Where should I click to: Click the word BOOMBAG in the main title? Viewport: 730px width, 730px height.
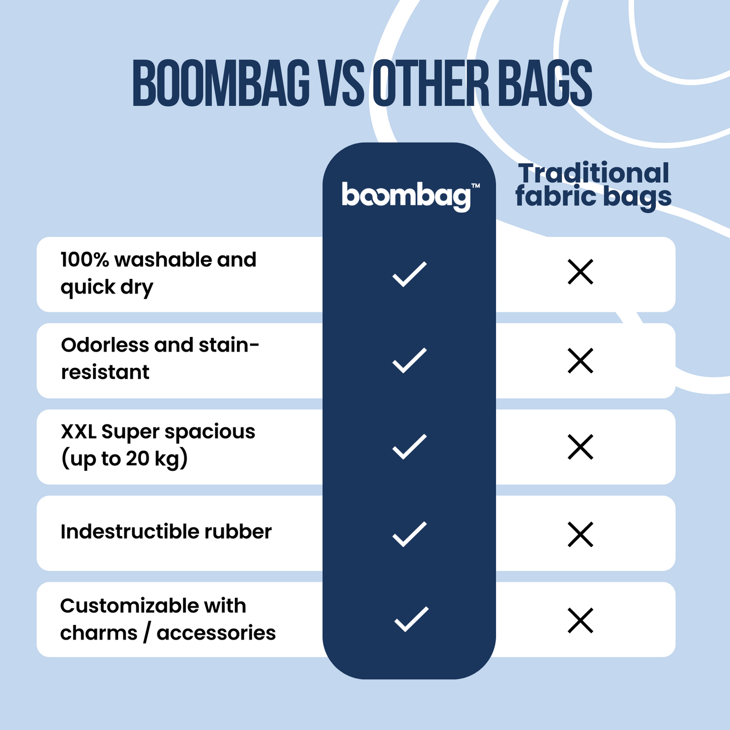[221, 83]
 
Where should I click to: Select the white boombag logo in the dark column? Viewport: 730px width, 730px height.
[407, 197]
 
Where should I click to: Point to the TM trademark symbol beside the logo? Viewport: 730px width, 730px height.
[475, 185]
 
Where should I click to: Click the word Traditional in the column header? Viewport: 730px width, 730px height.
[593, 173]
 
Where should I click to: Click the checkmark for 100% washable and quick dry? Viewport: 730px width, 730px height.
[410, 274]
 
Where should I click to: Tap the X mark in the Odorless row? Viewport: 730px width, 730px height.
[580, 360]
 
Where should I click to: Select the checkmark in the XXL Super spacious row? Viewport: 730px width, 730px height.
[410, 446]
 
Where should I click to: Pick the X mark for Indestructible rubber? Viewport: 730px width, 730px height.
[580, 534]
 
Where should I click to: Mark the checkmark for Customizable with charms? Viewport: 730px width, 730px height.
[411, 619]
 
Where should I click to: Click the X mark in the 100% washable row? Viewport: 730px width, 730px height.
[580, 272]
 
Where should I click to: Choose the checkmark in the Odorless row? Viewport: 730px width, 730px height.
[410, 360]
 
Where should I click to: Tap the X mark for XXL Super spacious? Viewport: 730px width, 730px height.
[580, 447]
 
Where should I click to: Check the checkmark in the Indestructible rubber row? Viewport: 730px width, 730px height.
[410, 534]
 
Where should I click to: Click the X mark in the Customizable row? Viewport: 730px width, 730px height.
[580, 620]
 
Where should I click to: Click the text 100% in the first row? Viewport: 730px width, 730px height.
[85, 260]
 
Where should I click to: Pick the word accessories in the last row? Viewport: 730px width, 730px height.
[216, 633]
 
